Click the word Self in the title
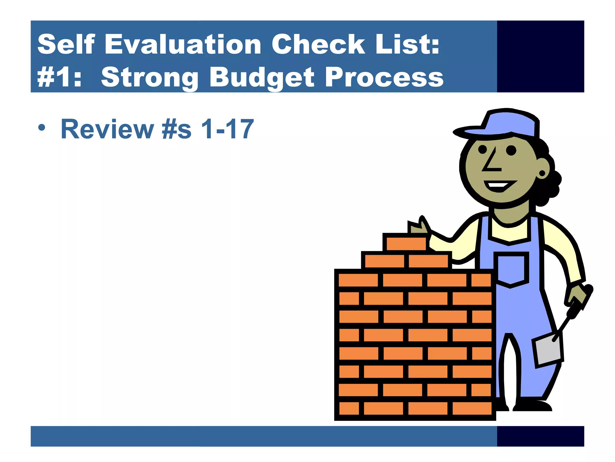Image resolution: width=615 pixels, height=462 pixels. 66,45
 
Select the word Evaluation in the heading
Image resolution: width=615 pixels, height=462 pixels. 183,45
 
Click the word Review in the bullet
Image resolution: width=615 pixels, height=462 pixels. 107,129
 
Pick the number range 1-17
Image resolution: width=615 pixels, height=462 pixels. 227,129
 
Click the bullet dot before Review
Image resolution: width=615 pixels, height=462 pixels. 42,128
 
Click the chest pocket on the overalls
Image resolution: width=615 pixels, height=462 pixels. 511,269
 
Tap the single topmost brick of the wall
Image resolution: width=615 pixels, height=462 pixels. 406,243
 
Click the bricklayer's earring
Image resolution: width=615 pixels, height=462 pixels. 542,173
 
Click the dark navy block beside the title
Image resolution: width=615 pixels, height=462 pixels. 540,56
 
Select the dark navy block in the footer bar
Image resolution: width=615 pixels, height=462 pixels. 540,436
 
